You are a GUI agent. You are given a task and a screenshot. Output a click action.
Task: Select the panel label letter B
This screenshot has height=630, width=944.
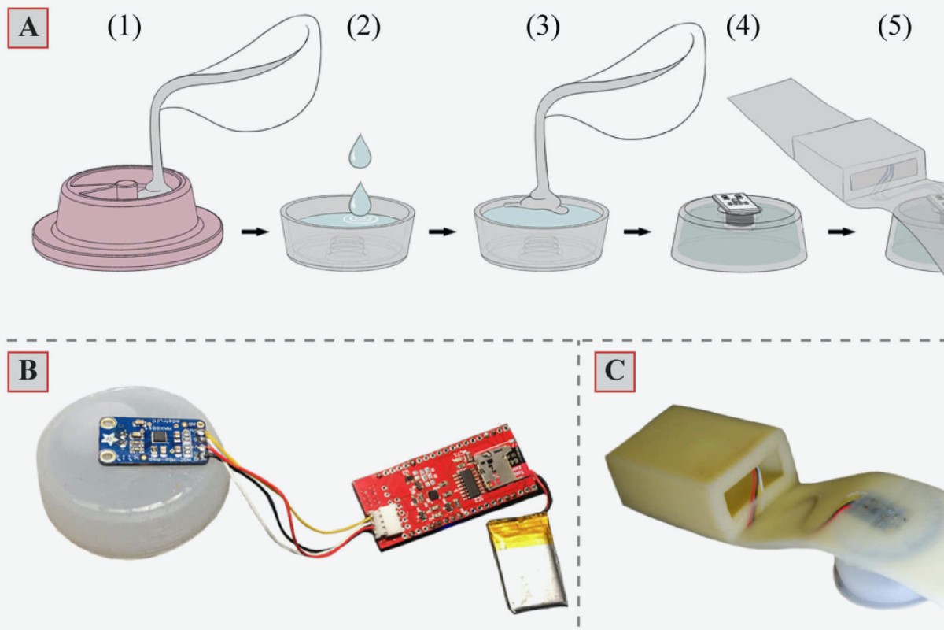pyautogui.click(x=28, y=371)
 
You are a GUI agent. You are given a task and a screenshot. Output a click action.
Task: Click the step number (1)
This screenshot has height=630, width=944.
pyautogui.click(x=124, y=27)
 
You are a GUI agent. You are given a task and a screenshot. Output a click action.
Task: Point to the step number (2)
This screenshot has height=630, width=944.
pyautogui.click(x=363, y=27)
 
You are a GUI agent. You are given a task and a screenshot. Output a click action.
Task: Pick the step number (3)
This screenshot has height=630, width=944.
pyautogui.click(x=544, y=27)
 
